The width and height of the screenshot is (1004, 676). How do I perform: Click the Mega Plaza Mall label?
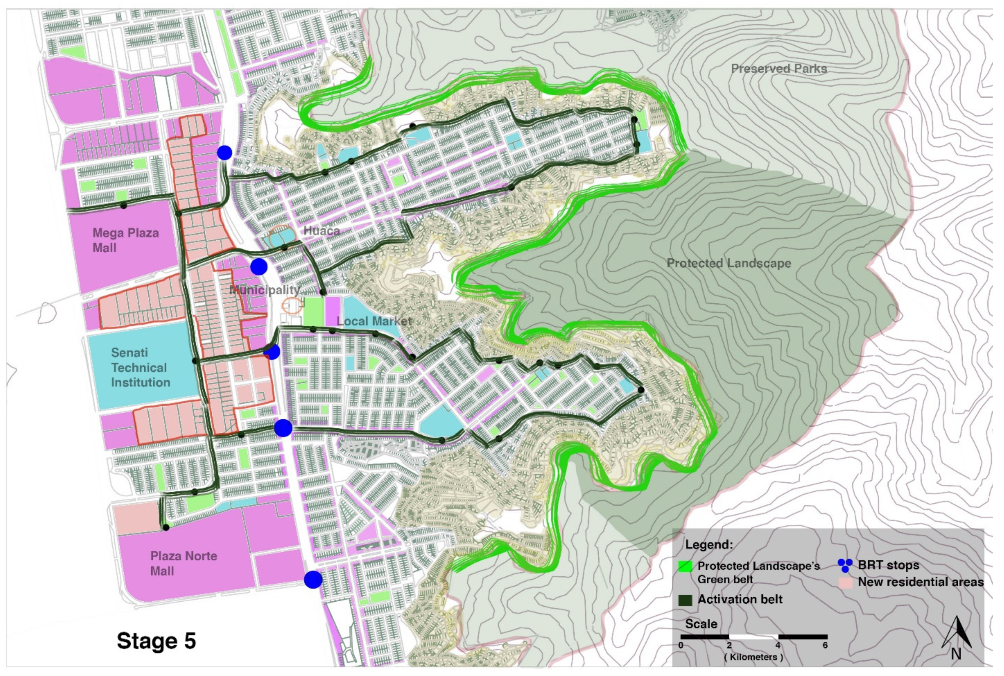pos(125,240)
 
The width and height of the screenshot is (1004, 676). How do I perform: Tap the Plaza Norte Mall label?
pos(183,563)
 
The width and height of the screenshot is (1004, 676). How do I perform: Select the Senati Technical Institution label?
pos(140,367)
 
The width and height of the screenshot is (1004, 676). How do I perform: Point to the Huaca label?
pos(322,230)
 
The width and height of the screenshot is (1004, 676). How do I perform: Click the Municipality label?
pos(264,290)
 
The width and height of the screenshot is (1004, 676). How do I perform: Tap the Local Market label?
pos(374,321)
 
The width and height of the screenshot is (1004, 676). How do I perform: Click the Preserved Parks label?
pos(778,69)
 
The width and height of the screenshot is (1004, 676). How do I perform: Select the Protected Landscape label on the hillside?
pos(729,263)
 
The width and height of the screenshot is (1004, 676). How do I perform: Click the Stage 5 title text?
pos(156,641)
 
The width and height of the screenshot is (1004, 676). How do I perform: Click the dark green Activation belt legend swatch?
pos(685,600)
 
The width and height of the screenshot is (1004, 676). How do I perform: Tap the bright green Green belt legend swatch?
pos(685,566)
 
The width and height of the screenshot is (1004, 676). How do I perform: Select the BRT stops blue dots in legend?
pos(845,565)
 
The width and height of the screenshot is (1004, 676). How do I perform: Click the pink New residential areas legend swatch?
pos(845,583)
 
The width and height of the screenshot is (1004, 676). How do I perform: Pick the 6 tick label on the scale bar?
pos(825,645)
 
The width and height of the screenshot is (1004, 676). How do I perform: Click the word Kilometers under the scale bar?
pos(753,657)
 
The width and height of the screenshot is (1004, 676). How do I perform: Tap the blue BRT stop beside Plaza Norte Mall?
pos(313,580)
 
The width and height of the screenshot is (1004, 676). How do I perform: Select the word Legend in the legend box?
pos(709,545)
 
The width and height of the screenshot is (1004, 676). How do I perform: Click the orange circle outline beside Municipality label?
pos(292,305)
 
